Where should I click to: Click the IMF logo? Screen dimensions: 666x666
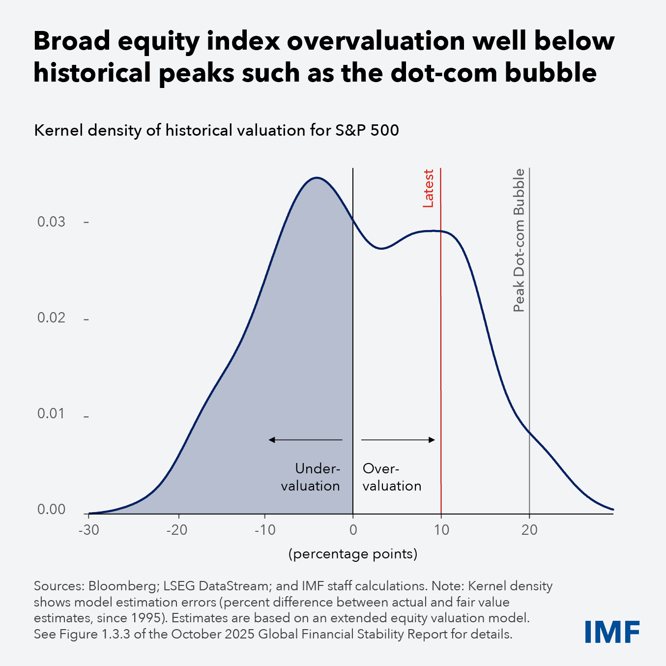coord(612,632)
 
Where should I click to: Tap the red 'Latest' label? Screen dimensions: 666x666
coord(429,188)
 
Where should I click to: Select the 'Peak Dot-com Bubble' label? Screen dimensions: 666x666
coord(519,240)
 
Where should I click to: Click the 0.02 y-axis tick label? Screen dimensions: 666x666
coord(52,318)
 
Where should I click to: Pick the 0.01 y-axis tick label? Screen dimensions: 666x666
coord(52,414)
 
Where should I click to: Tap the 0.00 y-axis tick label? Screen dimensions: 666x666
coord(52,510)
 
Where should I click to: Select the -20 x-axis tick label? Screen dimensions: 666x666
coord(177,530)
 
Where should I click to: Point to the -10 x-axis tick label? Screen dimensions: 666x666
coord(265,530)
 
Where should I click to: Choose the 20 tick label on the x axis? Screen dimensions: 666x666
coord(529,530)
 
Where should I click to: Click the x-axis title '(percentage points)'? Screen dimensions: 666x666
coord(353,554)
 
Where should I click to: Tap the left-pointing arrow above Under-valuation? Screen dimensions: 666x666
coord(305,440)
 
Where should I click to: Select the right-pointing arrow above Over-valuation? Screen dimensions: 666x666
coord(398,440)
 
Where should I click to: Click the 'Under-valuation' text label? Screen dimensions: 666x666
coord(311,477)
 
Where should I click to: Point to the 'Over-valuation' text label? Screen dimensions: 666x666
coord(392,477)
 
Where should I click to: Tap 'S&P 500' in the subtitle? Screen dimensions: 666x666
coord(367,131)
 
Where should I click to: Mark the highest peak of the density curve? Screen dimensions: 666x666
coord(317,177)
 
